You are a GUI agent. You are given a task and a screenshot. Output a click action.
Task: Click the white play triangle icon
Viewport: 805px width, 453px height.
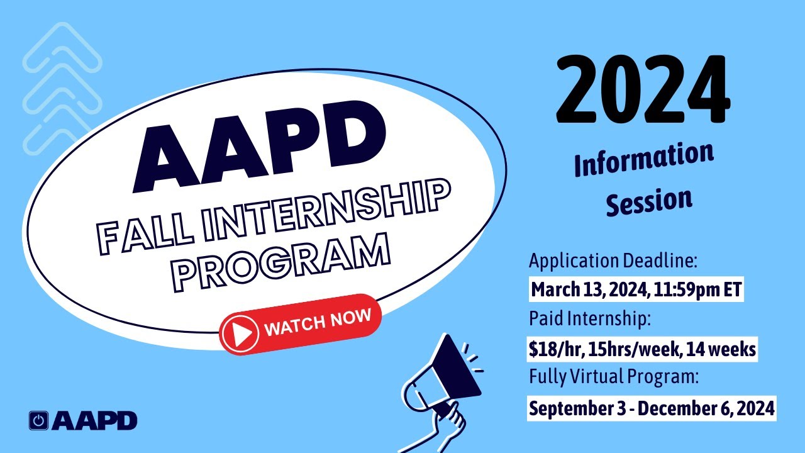240,331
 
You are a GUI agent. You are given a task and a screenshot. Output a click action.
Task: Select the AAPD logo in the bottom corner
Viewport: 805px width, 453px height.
83,420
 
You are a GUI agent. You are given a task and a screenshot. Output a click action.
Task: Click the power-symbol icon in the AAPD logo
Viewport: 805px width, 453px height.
39,421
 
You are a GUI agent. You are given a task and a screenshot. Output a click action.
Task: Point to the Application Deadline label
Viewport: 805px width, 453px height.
613,260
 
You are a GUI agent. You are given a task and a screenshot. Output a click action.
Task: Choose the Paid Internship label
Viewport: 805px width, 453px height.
589,319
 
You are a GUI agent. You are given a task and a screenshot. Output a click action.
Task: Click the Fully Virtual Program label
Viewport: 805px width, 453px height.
614,377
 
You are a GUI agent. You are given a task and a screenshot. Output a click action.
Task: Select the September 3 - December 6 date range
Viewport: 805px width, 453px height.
652,408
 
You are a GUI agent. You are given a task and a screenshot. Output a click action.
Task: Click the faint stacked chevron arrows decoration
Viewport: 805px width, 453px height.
62,88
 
